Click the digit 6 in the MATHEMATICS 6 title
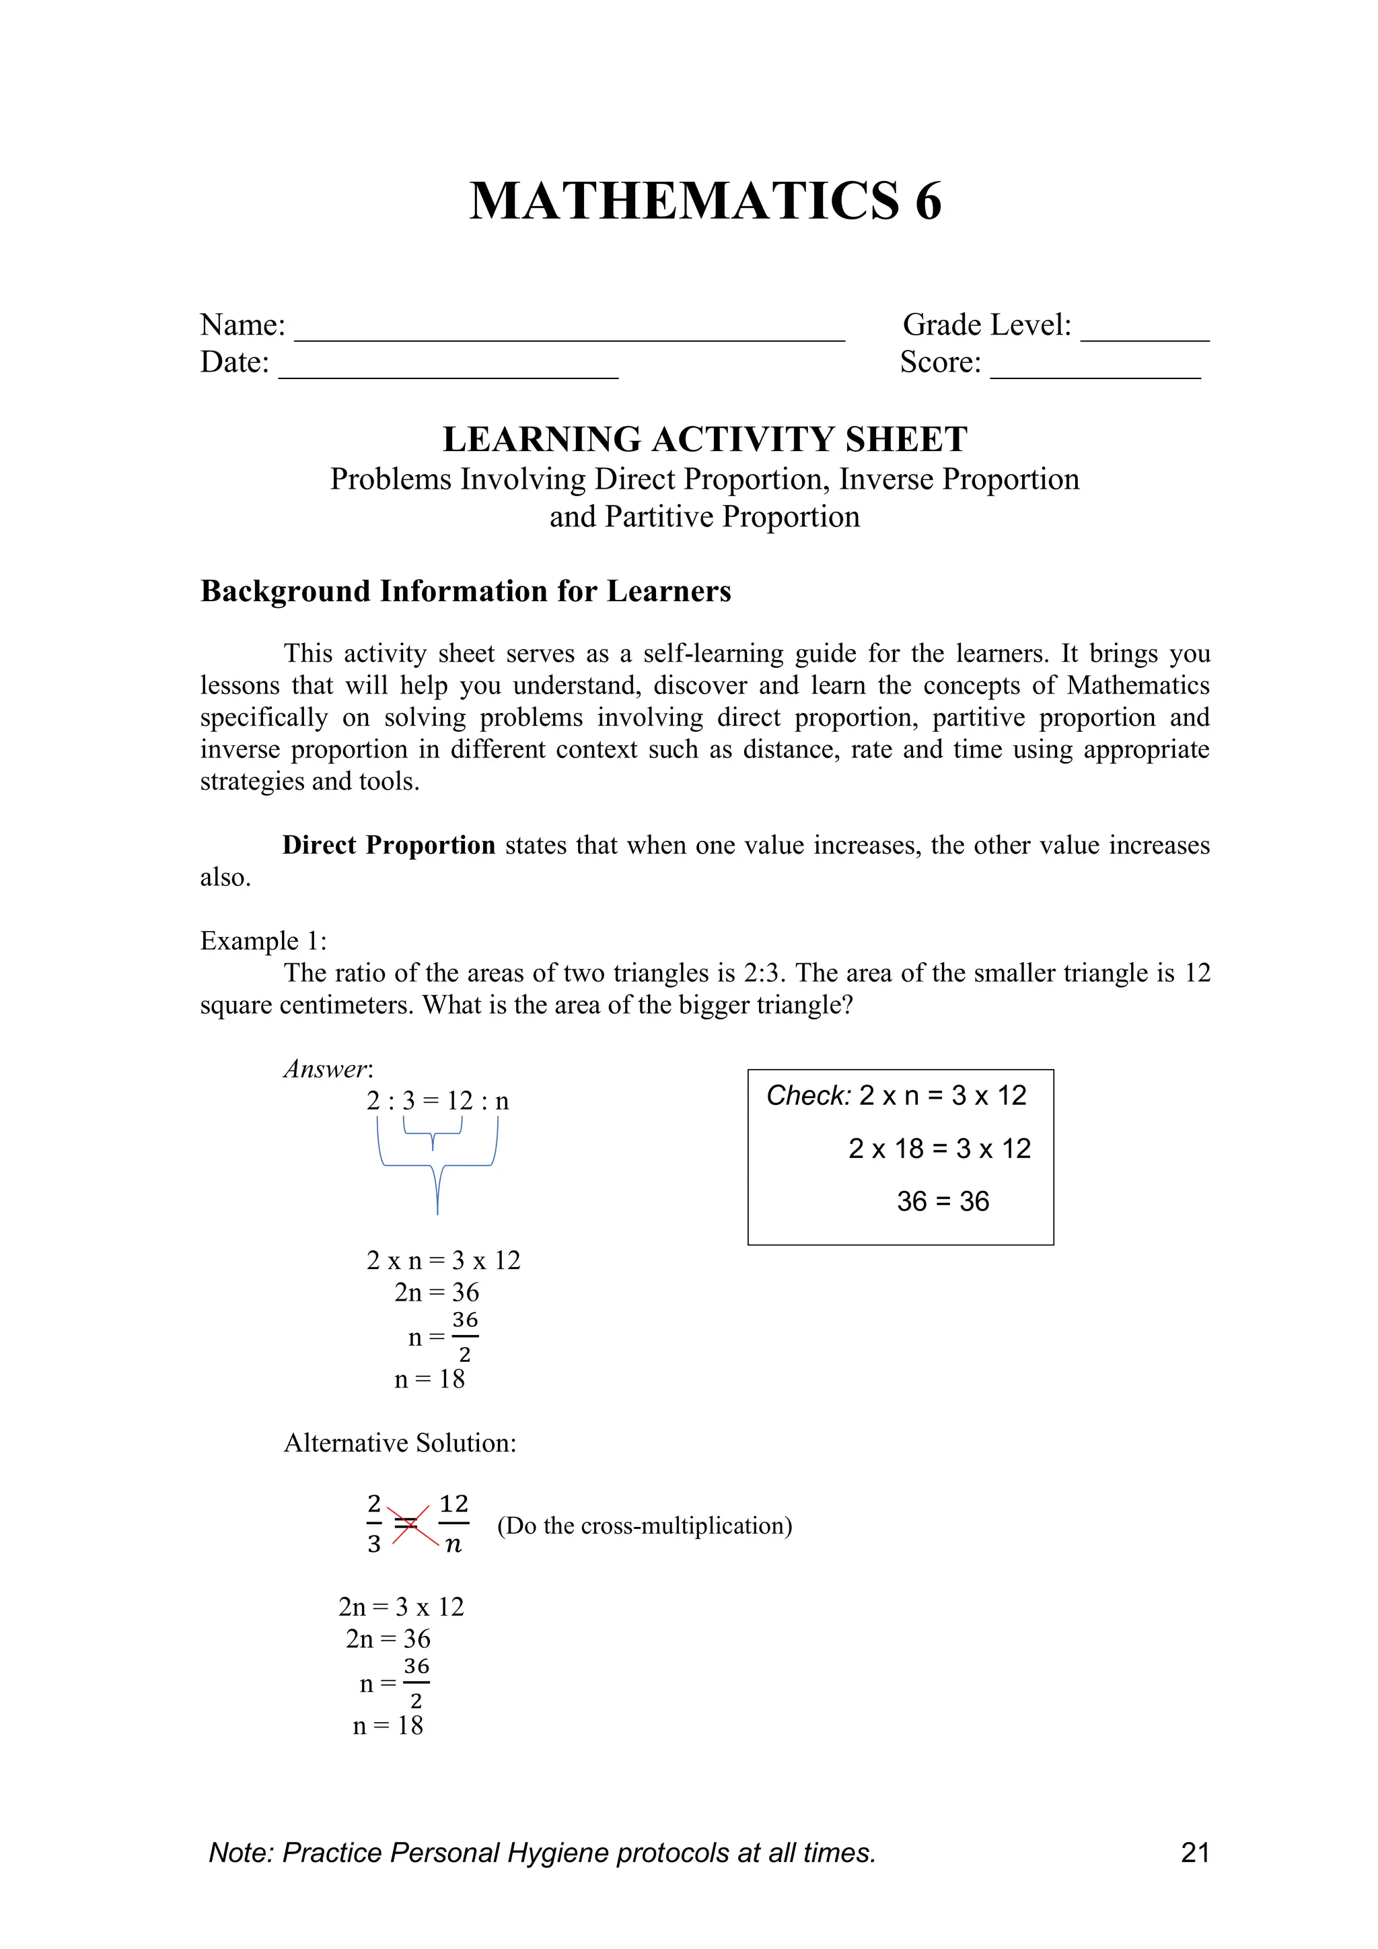927,202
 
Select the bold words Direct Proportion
389,846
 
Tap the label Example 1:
263,941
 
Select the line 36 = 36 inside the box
943,1201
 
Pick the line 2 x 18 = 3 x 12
939,1149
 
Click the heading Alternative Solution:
400,1443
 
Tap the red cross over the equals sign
407,1526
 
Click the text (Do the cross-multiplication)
644,1526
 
